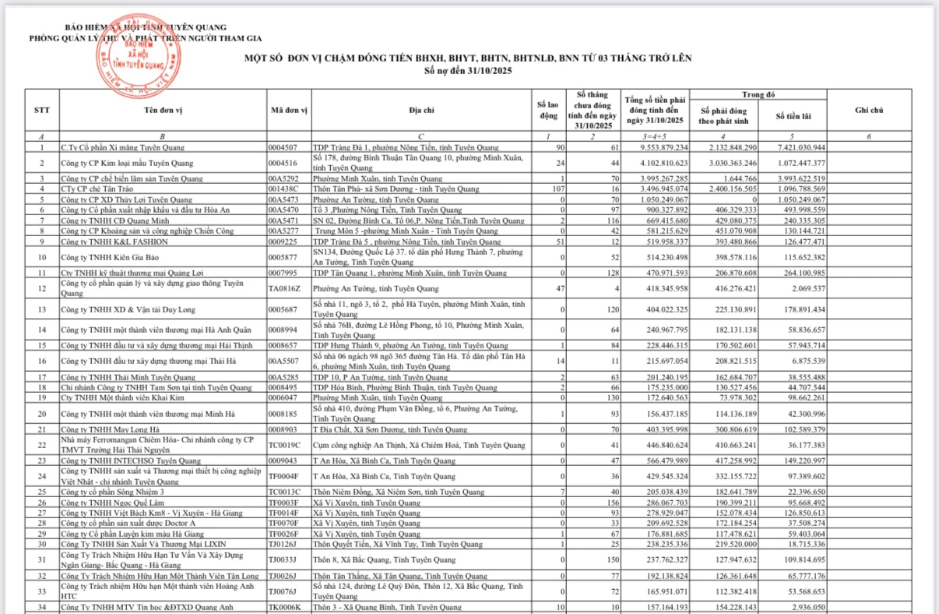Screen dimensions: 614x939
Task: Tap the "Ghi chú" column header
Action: point(868,111)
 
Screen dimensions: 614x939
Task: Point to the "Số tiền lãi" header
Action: point(793,116)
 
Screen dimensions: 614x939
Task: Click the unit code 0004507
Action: point(283,147)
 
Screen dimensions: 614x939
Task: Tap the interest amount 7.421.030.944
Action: point(800,147)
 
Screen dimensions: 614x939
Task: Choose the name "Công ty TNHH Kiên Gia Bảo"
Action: point(110,257)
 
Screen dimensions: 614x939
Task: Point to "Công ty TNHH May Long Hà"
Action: point(111,429)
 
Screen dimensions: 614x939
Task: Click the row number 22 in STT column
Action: point(42,445)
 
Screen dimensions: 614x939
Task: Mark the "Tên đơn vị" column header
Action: point(163,111)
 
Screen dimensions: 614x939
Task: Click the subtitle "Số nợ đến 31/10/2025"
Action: point(468,70)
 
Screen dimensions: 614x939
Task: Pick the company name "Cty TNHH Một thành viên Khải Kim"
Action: point(122,397)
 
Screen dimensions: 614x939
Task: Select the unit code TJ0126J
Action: point(283,544)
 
